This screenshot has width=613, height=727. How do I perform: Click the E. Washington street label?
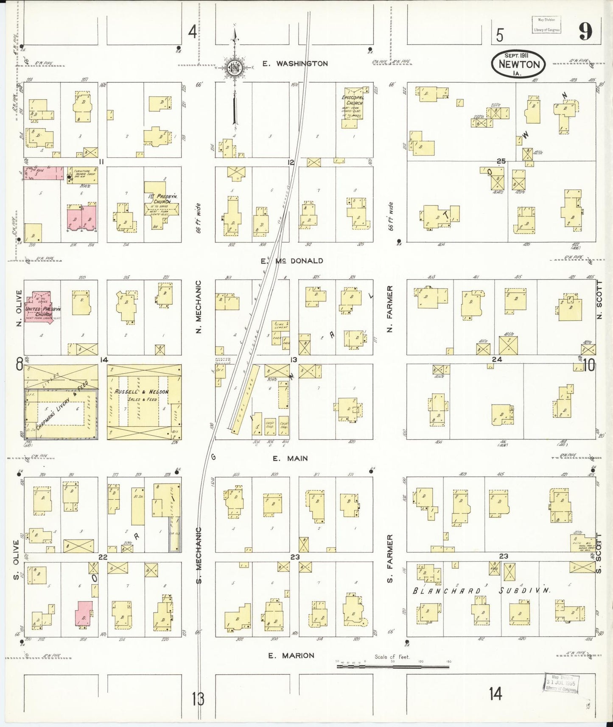point(295,64)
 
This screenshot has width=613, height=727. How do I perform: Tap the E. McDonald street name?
point(292,261)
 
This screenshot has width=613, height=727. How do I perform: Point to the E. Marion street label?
point(291,655)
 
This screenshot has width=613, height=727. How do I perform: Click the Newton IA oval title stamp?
point(518,64)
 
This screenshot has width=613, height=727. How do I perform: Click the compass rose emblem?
point(234,67)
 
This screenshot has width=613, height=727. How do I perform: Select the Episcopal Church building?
point(353,108)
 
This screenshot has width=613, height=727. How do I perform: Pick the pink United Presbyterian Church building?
point(41,309)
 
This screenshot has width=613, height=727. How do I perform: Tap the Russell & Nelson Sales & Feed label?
point(141,395)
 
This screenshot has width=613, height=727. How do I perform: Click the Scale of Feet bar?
point(392,666)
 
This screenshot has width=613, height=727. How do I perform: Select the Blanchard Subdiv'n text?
point(481,590)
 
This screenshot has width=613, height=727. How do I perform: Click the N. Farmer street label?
point(390,308)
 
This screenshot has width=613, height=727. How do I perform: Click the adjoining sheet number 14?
point(495,694)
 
